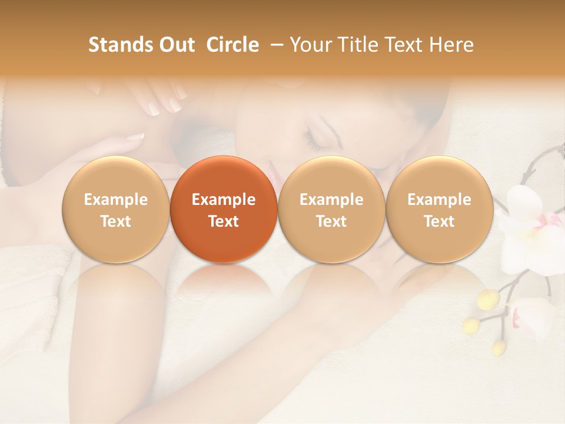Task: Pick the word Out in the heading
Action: tap(177, 45)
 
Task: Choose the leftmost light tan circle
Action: tap(115, 209)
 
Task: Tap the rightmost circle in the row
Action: tap(439, 209)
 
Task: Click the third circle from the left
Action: tap(331, 209)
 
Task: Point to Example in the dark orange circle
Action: tap(223, 200)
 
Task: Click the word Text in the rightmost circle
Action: tap(439, 221)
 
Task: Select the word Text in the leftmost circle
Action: tap(115, 221)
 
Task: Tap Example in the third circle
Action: tap(331, 200)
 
